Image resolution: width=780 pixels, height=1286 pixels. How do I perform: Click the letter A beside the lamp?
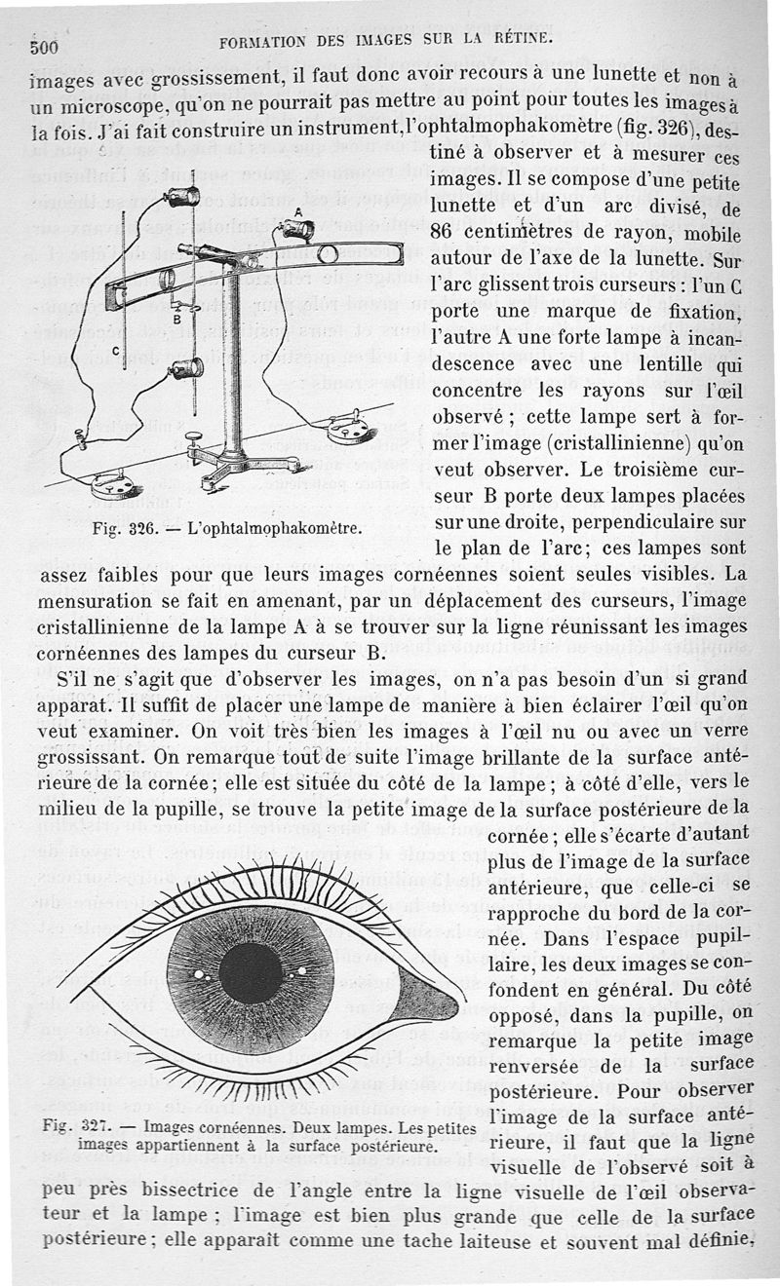click(296, 210)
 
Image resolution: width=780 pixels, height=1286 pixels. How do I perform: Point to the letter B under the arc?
click(176, 319)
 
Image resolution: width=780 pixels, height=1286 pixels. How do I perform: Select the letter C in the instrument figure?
click(116, 350)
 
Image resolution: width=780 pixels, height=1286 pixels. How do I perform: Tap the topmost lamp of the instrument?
click(180, 195)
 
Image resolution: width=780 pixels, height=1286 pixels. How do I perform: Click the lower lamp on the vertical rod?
click(184, 368)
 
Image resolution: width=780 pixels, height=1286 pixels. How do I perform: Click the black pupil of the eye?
click(250, 973)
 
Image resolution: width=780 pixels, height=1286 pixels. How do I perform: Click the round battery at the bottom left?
click(114, 484)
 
